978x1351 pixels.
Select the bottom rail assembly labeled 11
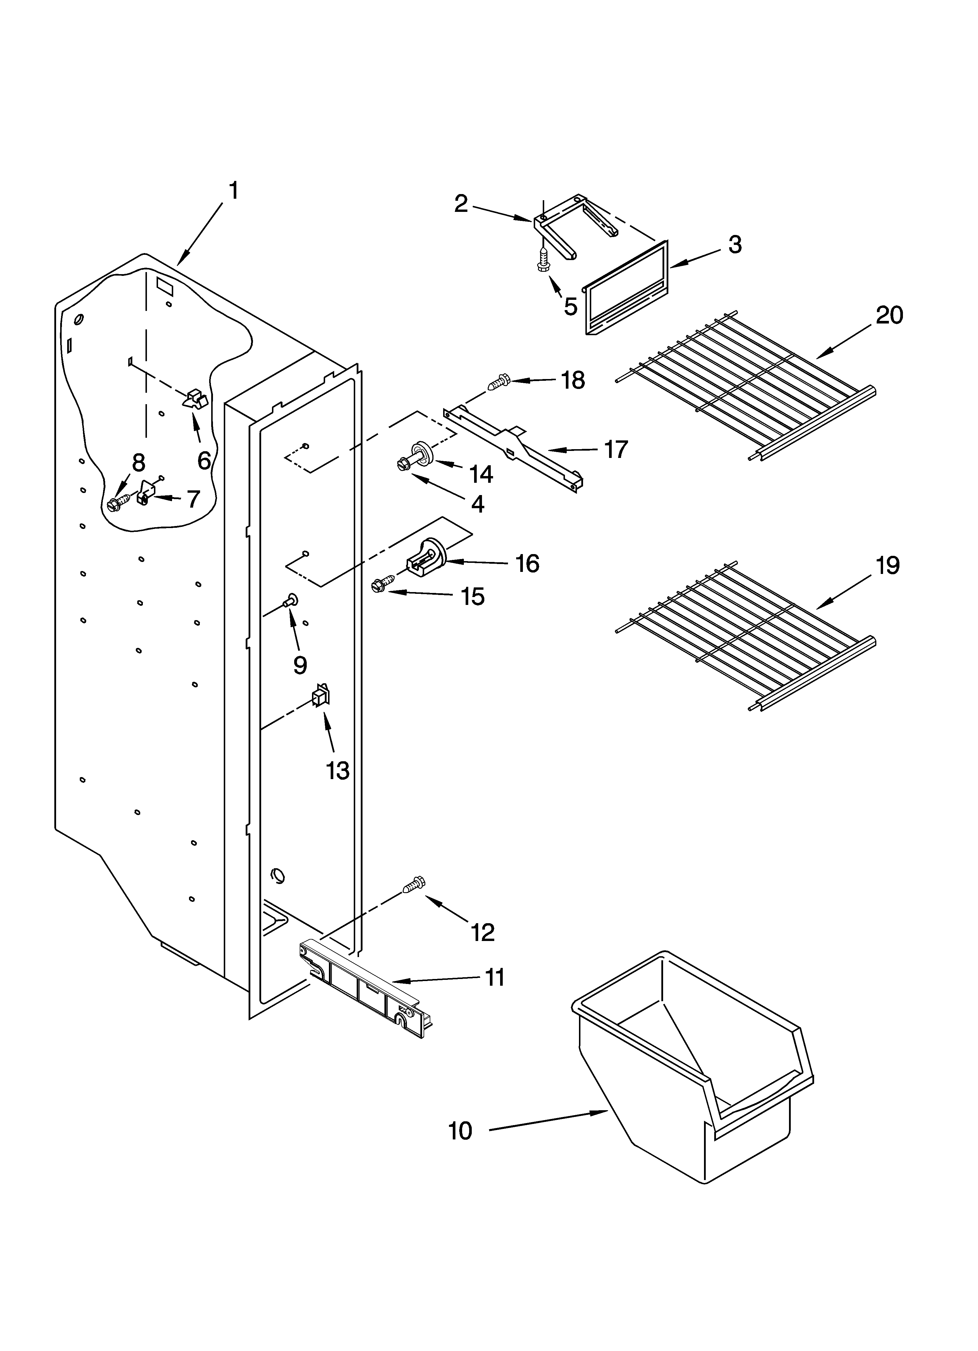[365, 978]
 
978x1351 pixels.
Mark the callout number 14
[481, 474]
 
